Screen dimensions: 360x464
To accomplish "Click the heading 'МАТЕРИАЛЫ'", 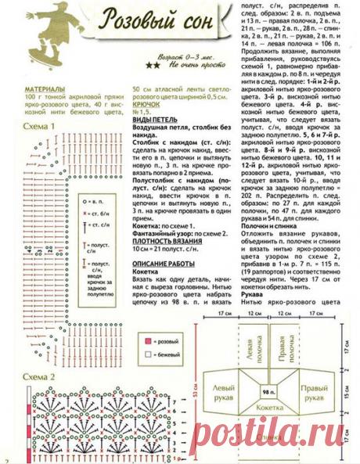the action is click(45, 91).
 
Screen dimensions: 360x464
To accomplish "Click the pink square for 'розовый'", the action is click(147, 342).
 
